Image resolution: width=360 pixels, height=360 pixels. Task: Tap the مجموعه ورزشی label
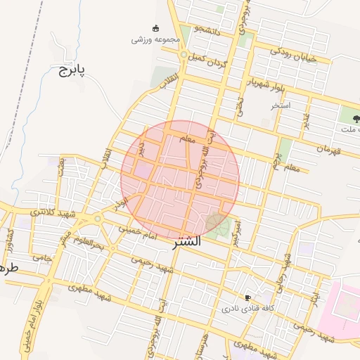(147, 40)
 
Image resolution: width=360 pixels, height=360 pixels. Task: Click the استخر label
(281, 105)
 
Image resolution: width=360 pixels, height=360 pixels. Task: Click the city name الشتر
(186, 241)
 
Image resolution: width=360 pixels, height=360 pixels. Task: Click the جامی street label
(43, 259)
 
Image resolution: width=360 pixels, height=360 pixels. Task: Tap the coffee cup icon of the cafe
(247, 297)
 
